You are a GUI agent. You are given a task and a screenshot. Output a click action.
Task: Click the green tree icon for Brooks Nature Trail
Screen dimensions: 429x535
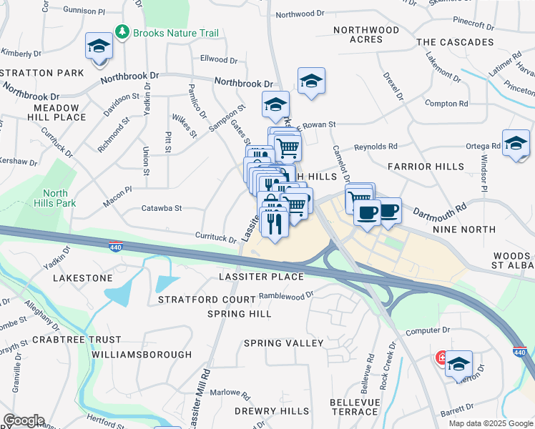(x=123, y=33)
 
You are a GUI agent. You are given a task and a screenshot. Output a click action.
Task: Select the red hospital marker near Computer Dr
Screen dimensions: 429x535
(x=443, y=357)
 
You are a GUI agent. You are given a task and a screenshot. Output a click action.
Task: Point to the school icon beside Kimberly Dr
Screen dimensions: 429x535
(x=99, y=47)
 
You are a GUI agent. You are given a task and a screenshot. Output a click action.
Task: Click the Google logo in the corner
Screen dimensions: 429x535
(x=24, y=420)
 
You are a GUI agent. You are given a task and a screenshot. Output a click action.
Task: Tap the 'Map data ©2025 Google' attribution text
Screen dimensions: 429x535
(x=490, y=423)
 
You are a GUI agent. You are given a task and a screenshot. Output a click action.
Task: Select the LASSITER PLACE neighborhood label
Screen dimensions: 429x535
(x=261, y=277)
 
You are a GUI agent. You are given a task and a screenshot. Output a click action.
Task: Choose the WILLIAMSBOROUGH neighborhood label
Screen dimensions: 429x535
(x=142, y=355)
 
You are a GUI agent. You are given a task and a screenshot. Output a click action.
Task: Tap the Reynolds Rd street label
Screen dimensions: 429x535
(x=376, y=147)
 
